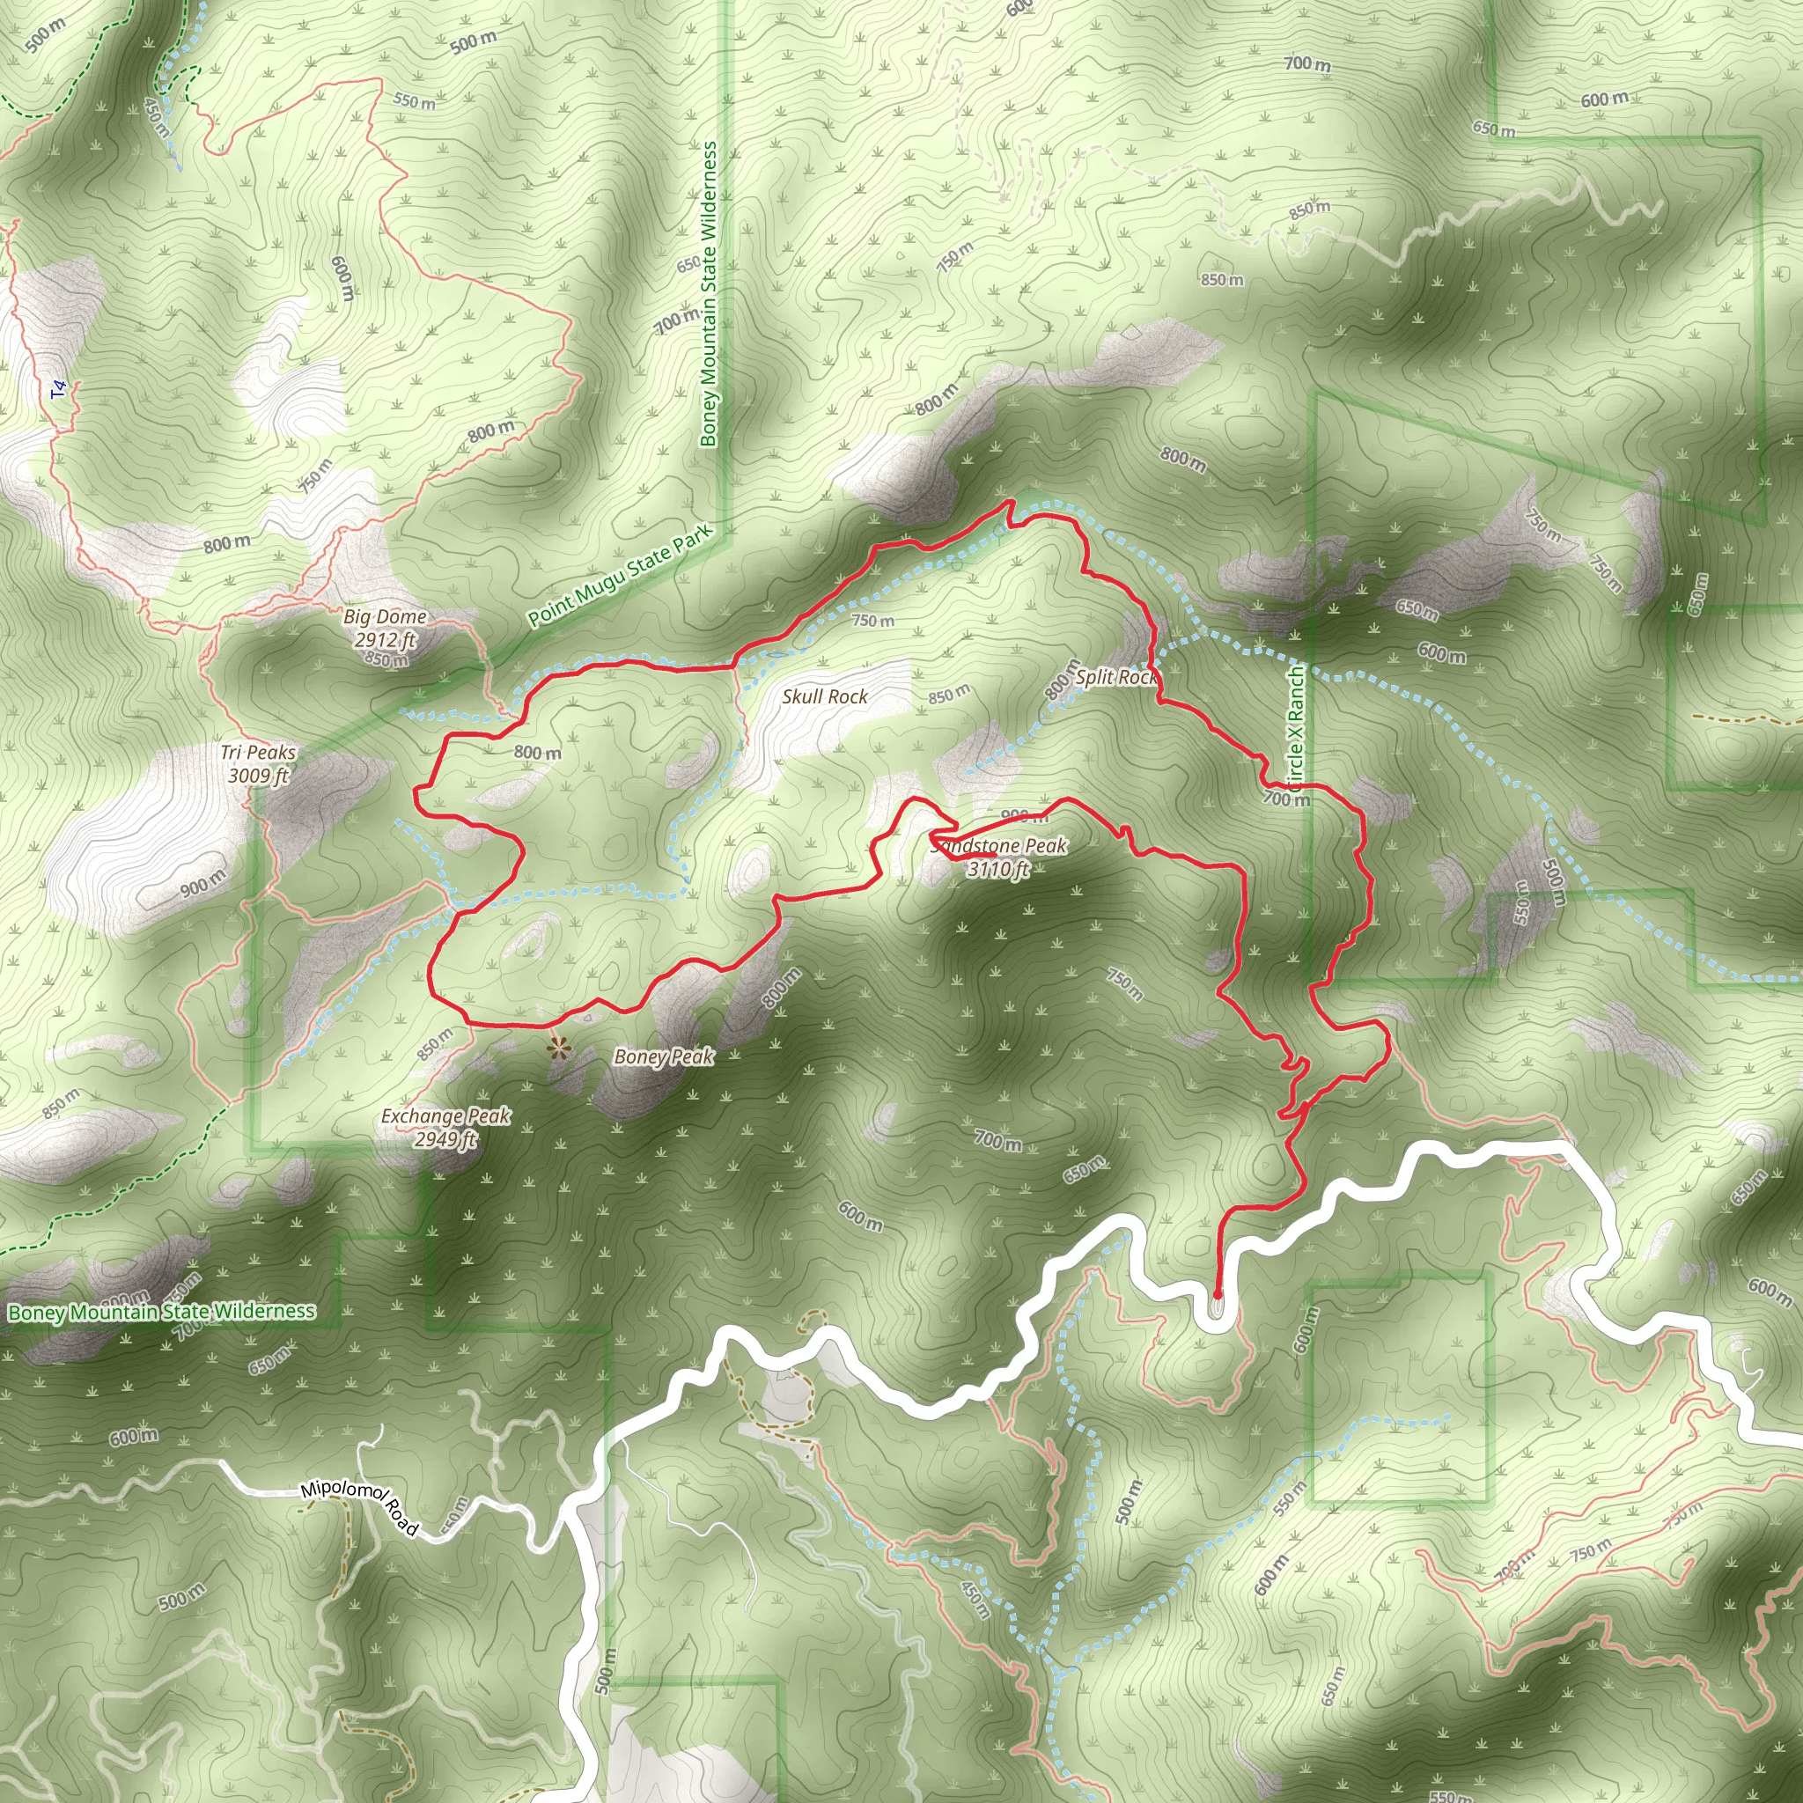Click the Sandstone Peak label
998,845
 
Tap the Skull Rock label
825,696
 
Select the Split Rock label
1116,677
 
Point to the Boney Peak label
664,1056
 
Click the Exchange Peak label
446,1115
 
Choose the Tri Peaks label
259,752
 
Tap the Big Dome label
385,616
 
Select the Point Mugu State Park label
620,575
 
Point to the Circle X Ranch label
1296,734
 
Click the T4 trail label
60,389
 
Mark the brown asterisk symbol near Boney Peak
558,1049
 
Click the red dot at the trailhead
1217,1295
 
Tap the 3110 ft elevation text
998,870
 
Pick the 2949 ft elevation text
446,1139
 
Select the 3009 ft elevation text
259,776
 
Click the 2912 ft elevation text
385,640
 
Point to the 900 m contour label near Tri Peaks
202,883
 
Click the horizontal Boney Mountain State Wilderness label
161,1312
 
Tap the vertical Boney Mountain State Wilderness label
710,293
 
